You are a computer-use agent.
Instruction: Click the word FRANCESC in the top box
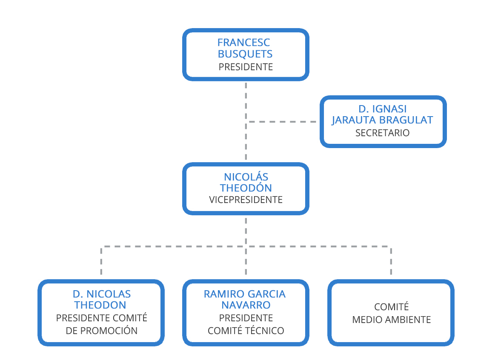click(244, 43)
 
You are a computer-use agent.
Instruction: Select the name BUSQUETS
click(245, 54)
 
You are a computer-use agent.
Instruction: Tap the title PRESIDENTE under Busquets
click(246, 67)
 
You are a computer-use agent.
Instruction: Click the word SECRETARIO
click(382, 133)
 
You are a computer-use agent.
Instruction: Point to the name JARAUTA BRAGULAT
click(382, 120)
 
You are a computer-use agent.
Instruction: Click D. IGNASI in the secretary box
click(382, 109)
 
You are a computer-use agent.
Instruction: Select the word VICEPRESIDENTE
click(246, 200)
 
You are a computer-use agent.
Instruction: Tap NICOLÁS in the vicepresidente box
click(246, 177)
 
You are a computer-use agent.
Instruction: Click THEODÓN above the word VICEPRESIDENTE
click(246, 188)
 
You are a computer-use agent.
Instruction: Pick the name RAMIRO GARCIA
click(245, 294)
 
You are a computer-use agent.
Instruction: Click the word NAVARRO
click(246, 305)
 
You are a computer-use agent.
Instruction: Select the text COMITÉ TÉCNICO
click(246, 331)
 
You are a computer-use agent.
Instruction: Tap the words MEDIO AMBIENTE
click(391, 320)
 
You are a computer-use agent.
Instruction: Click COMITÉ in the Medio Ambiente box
click(391, 307)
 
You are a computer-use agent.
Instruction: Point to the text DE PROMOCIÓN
click(101, 331)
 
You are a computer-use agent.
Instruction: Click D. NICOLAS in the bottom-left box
click(101, 294)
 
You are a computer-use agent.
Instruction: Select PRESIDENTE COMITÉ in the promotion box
click(101, 318)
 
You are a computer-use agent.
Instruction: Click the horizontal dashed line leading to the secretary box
click(283, 122)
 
